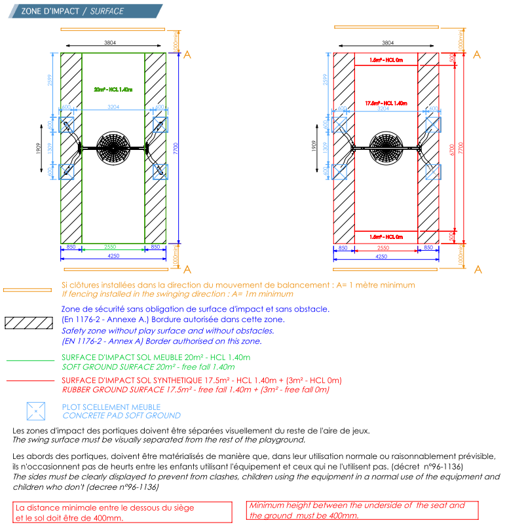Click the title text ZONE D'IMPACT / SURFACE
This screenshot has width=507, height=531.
click(72, 11)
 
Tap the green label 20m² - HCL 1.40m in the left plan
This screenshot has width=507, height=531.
click(113, 90)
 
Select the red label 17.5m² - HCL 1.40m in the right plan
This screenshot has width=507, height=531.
click(386, 103)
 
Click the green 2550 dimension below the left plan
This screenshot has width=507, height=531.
click(113, 247)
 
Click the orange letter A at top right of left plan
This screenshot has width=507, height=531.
click(187, 55)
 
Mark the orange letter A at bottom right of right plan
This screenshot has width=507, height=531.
click(478, 270)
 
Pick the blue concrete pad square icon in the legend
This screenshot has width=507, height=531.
click(35, 411)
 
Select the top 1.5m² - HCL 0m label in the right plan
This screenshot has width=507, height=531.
click(386, 60)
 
